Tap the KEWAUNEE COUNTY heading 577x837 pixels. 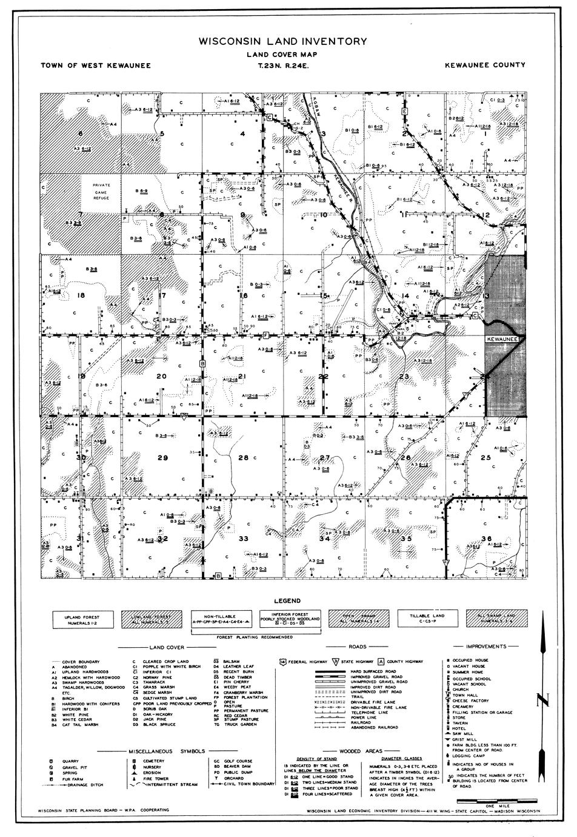484,65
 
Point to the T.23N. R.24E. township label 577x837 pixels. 287,65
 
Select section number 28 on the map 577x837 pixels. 243,457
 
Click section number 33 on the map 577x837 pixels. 243,538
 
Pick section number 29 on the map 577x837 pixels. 162,457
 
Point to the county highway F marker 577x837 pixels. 266,335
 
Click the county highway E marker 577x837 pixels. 404,112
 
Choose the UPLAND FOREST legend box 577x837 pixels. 81,619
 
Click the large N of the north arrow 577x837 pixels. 544,701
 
